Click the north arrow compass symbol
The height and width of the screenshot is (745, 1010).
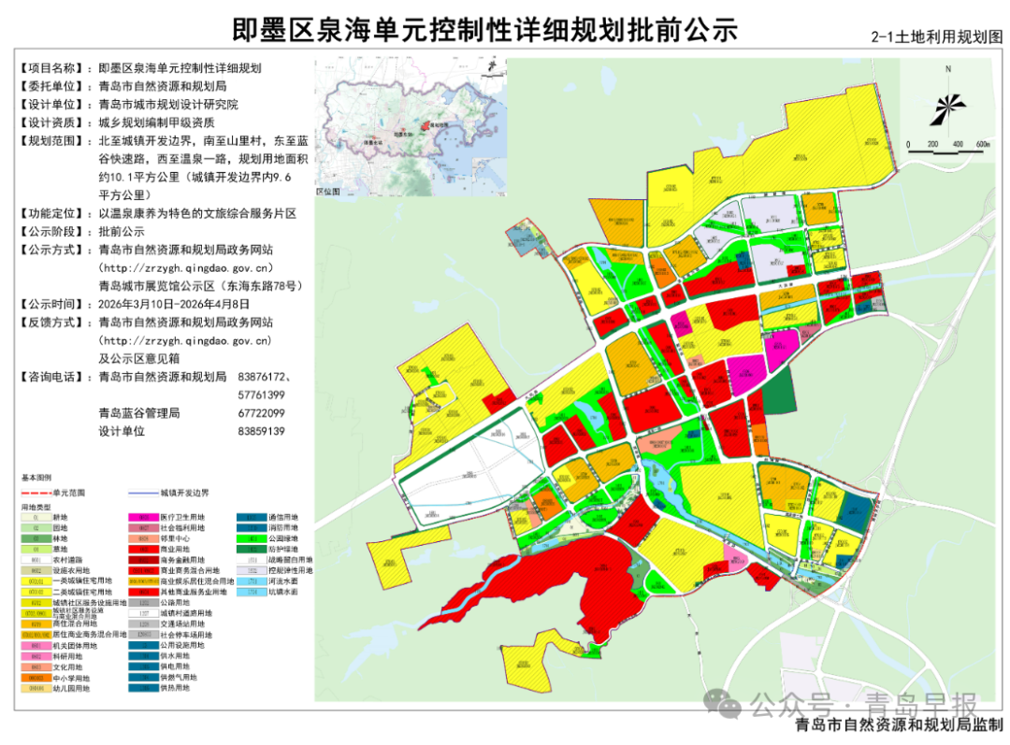click(x=948, y=102)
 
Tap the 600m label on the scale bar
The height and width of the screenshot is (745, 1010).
click(x=982, y=144)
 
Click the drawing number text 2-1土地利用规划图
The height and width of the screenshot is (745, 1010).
click(x=936, y=37)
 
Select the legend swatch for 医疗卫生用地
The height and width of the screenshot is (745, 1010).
click(x=143, y=517)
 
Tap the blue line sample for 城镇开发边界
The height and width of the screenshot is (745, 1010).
click(x=142, y=492)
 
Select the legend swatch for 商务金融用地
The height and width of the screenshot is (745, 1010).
click(x=143, y=560)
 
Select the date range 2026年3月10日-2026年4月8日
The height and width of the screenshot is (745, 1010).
click(x=174, y=304)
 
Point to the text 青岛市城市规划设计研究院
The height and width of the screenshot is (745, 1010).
click(x=168, y=105)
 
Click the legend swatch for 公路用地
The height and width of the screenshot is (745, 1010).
click(x=143, y=603)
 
